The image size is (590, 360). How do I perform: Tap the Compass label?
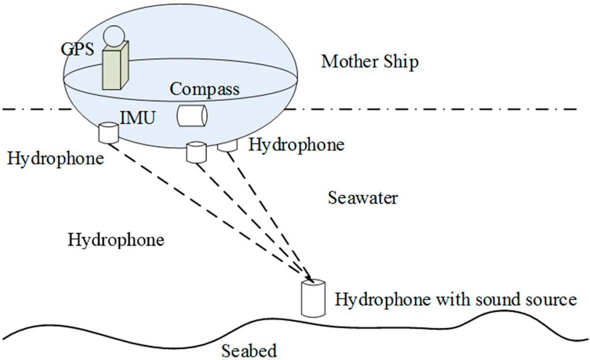205,90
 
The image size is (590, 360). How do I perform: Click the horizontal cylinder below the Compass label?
192,116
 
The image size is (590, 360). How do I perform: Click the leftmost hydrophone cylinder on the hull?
108,133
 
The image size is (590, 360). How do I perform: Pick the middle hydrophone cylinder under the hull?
196,153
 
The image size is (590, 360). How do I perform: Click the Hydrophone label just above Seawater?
296,145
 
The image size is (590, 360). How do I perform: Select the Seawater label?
363,198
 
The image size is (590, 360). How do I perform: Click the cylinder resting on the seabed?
313,297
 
